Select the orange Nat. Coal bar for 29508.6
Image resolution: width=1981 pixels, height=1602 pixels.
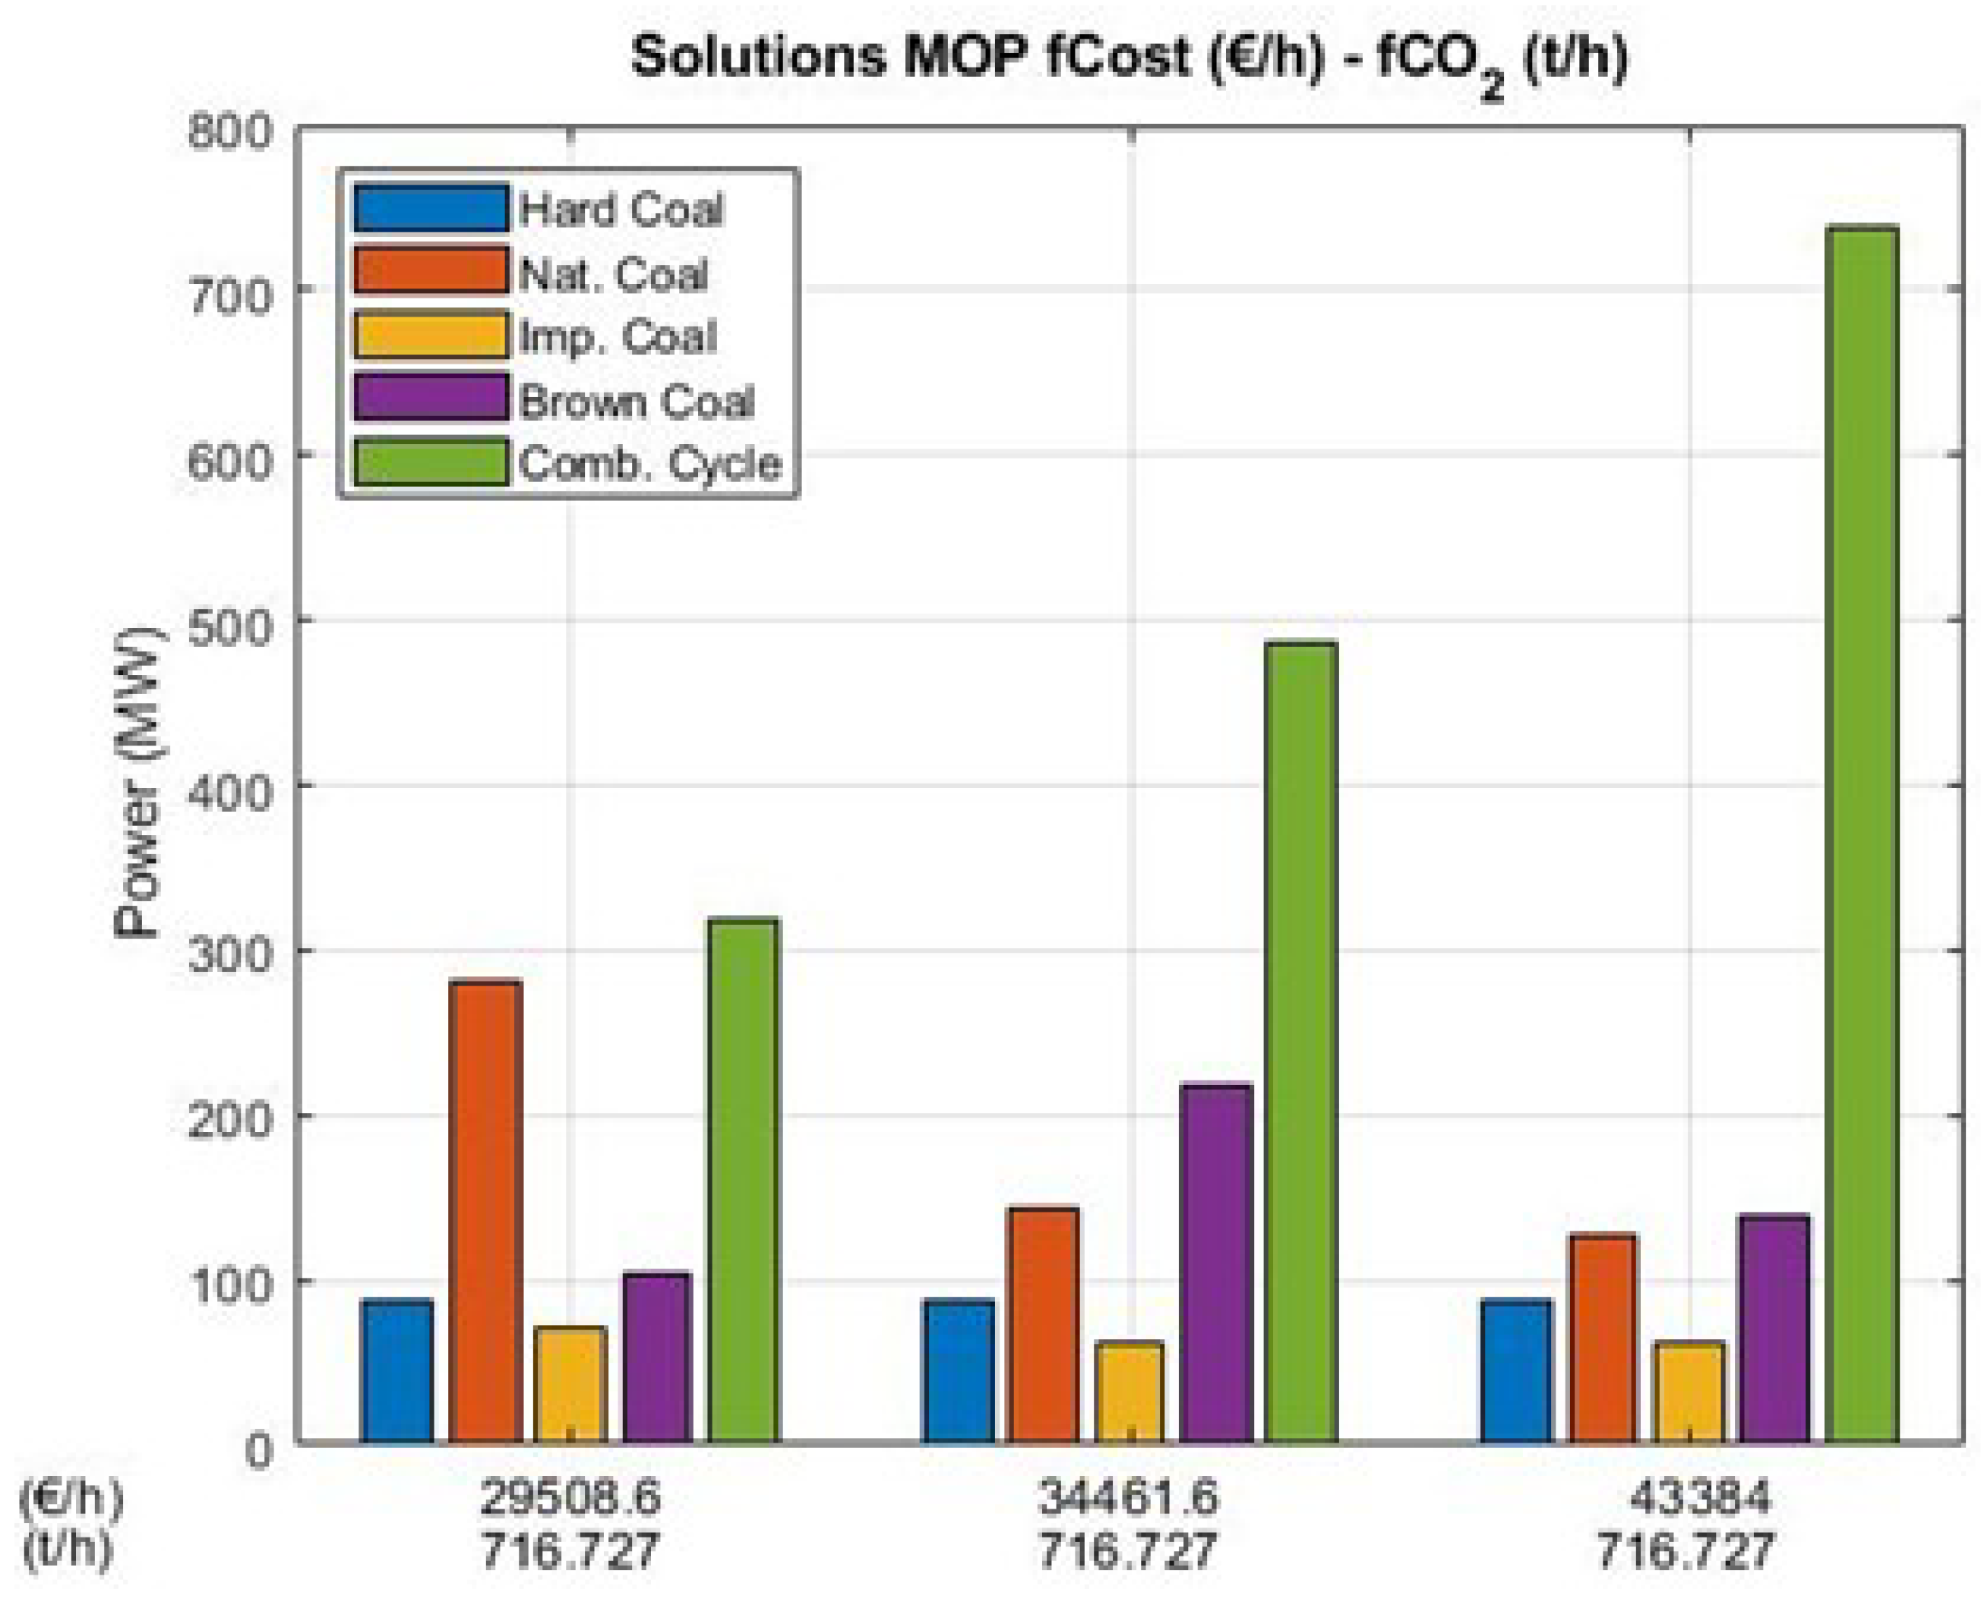(x=485, y=1209)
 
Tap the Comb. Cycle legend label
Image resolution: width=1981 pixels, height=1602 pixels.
(x=650, y=463)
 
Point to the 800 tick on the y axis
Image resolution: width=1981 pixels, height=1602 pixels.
(x=230, y=131)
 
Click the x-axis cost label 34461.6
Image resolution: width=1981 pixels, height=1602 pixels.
(x=1128, y=1496)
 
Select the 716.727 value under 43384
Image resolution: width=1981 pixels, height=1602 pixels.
(x=1686, y=1550)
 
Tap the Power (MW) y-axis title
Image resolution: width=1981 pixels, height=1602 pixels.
(x=138, y=783)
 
